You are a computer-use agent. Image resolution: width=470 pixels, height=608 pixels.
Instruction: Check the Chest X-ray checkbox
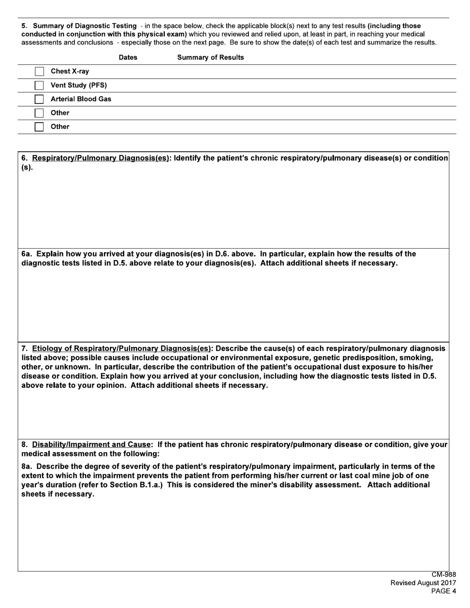pyautogui.click(x=39, y=72)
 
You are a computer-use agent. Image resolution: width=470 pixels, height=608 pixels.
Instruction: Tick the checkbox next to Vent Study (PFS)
pyautogui.click(x=39, y=86)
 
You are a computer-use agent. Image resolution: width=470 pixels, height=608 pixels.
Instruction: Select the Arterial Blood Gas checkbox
pyautogui.click(x=39, y=99)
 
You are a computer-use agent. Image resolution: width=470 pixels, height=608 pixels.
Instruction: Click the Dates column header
pyautogui.click(x=128, y=57)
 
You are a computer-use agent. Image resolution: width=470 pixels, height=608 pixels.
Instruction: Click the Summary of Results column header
pyautogui.click(x=210, y=57)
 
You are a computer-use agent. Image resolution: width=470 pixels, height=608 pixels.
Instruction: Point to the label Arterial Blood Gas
pyautogui.click(x=81, y=99)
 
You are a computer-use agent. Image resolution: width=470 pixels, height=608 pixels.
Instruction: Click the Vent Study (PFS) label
pyautogui.click(x=79, y=85)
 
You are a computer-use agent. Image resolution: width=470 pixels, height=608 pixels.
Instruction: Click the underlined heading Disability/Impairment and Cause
pyautogui.click(x=92, y=444)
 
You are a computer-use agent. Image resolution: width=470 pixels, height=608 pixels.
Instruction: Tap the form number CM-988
pyautogui.click(x=443, y=574)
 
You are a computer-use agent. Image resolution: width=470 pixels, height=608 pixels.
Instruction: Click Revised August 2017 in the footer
pyautogui.click(x=423, y=583)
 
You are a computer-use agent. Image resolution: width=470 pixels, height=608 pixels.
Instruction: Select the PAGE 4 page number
pyautogui.click(x=443, y=591)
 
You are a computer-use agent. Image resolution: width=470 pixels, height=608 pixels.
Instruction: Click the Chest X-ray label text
pyautogui.click(x=70, y=71)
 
